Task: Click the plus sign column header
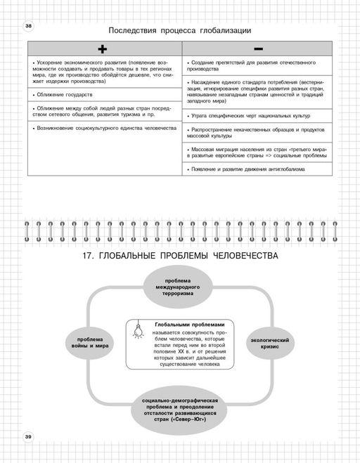click(103, 48)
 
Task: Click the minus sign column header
click(258, 48)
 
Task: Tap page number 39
click(28, 437)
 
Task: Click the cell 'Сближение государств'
click(103, 93)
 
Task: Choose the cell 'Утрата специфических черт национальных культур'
click(258, 115)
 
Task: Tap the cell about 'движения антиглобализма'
click(258, 169)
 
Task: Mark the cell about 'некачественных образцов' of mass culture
click(258, 133)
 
